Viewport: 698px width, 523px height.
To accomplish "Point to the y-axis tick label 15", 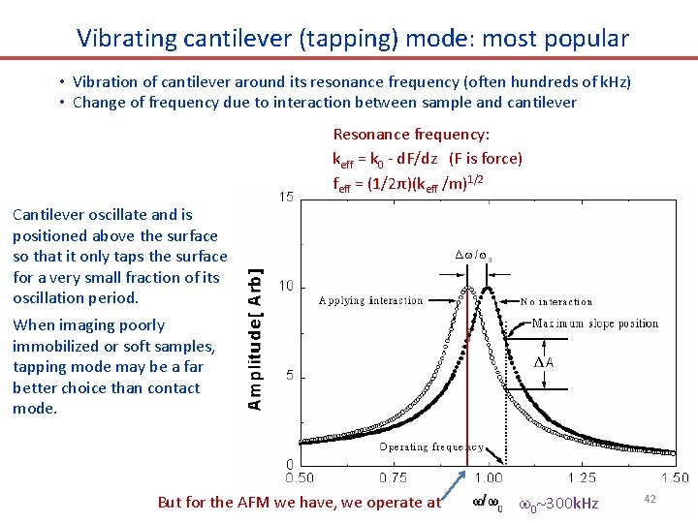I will (286, 198).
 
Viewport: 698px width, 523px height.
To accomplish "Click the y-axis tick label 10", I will (286, 287).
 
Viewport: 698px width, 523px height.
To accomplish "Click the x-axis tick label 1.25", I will (582, 477).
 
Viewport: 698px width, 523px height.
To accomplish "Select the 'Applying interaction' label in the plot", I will (370, 300).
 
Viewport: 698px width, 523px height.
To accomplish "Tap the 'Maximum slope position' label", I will (594, 323).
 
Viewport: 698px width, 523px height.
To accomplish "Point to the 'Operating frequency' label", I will (431, 447).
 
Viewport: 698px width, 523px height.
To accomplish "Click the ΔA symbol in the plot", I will (545, 362).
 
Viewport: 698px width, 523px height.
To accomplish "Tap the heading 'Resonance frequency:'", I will (411, 135).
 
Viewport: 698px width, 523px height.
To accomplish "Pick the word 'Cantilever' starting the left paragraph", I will (48, 215).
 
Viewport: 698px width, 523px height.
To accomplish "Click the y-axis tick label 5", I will (289, 376).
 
